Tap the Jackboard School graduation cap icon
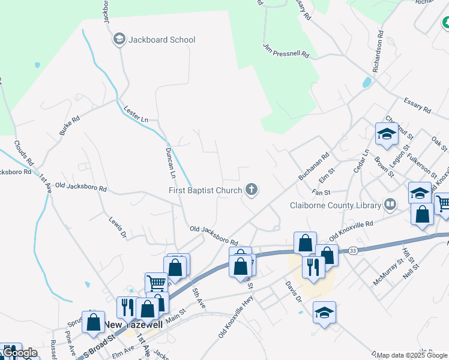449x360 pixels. (x=119, y=40)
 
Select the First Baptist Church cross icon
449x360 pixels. (x=252, y=191)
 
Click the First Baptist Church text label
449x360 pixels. (x=205, y=191)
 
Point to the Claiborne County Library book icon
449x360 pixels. (x=391, y=205)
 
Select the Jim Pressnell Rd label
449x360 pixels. (x=286, y=50)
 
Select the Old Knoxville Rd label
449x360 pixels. (x=352, y=229)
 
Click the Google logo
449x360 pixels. (x=19, y=353)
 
